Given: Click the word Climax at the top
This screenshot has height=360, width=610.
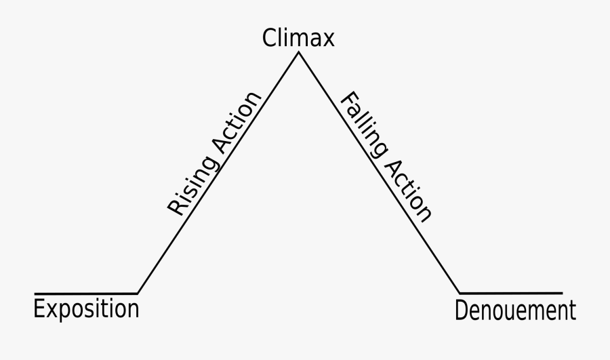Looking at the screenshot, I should tap(298, 38).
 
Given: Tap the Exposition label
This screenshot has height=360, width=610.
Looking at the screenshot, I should tap(86, 310).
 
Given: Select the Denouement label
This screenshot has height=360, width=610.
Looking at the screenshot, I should tap(515, 311).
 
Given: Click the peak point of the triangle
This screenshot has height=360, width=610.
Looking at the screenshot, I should tap(298, 53).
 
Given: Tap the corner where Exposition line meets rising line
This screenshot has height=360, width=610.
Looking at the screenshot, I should tap(138, 293).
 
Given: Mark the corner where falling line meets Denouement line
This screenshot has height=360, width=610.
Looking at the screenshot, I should tap(459, 293).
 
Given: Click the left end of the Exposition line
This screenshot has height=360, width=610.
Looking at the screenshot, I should tap(35, 294).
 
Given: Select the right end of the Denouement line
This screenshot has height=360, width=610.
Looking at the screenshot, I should tap(562, 293).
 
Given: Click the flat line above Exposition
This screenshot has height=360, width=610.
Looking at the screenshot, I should tap(86, 294).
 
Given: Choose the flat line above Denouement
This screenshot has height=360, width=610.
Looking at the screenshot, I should tap(512, 293).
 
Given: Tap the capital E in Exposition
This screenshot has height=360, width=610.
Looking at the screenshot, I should tap(39, 309).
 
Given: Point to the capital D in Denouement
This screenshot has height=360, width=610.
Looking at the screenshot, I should tap(462, 311).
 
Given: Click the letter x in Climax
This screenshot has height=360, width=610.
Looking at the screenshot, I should tap(328, 40).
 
